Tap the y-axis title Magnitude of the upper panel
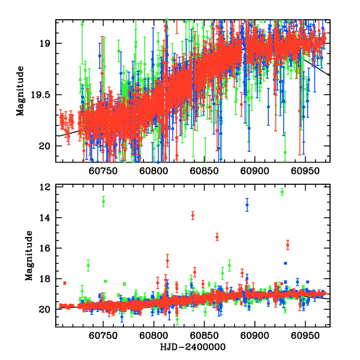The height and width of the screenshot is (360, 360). tap(20, 91)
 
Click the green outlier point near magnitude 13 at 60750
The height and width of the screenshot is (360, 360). tap(103, 202)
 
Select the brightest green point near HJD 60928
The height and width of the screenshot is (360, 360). tap(282, 192)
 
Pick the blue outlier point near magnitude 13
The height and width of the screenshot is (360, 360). tap(247, 205)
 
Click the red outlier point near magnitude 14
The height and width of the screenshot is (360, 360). tap(193, 215)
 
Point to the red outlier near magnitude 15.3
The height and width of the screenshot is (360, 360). tap(217, 237)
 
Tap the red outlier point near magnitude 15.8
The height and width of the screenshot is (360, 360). tap(287, 245)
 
